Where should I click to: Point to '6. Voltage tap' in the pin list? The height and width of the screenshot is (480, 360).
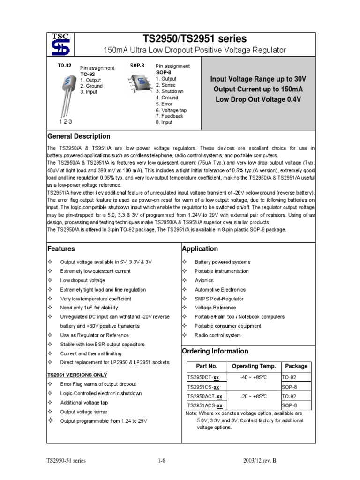tap(171, 110)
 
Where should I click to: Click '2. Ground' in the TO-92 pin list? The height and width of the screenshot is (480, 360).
tap(91, 86)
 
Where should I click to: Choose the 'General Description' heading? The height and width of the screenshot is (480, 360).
tap(79, 136)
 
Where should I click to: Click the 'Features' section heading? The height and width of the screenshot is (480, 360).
tap(61, 249)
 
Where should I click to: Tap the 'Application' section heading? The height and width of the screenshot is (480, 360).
tap(200, 249)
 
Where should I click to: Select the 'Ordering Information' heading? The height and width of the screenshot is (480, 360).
tap(215, 351)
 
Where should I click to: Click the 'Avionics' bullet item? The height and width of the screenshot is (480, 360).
tap(204, 280)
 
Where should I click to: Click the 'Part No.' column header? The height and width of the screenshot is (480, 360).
tap(206, 366)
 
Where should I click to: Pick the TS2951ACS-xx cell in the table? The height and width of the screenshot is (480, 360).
tap(205, 405)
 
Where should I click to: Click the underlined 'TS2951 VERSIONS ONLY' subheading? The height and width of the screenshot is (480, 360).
tap(77, 375)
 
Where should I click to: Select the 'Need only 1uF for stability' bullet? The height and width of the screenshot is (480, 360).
tap(89, 308)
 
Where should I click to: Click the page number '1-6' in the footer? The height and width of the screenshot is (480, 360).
tap(162, 461)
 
